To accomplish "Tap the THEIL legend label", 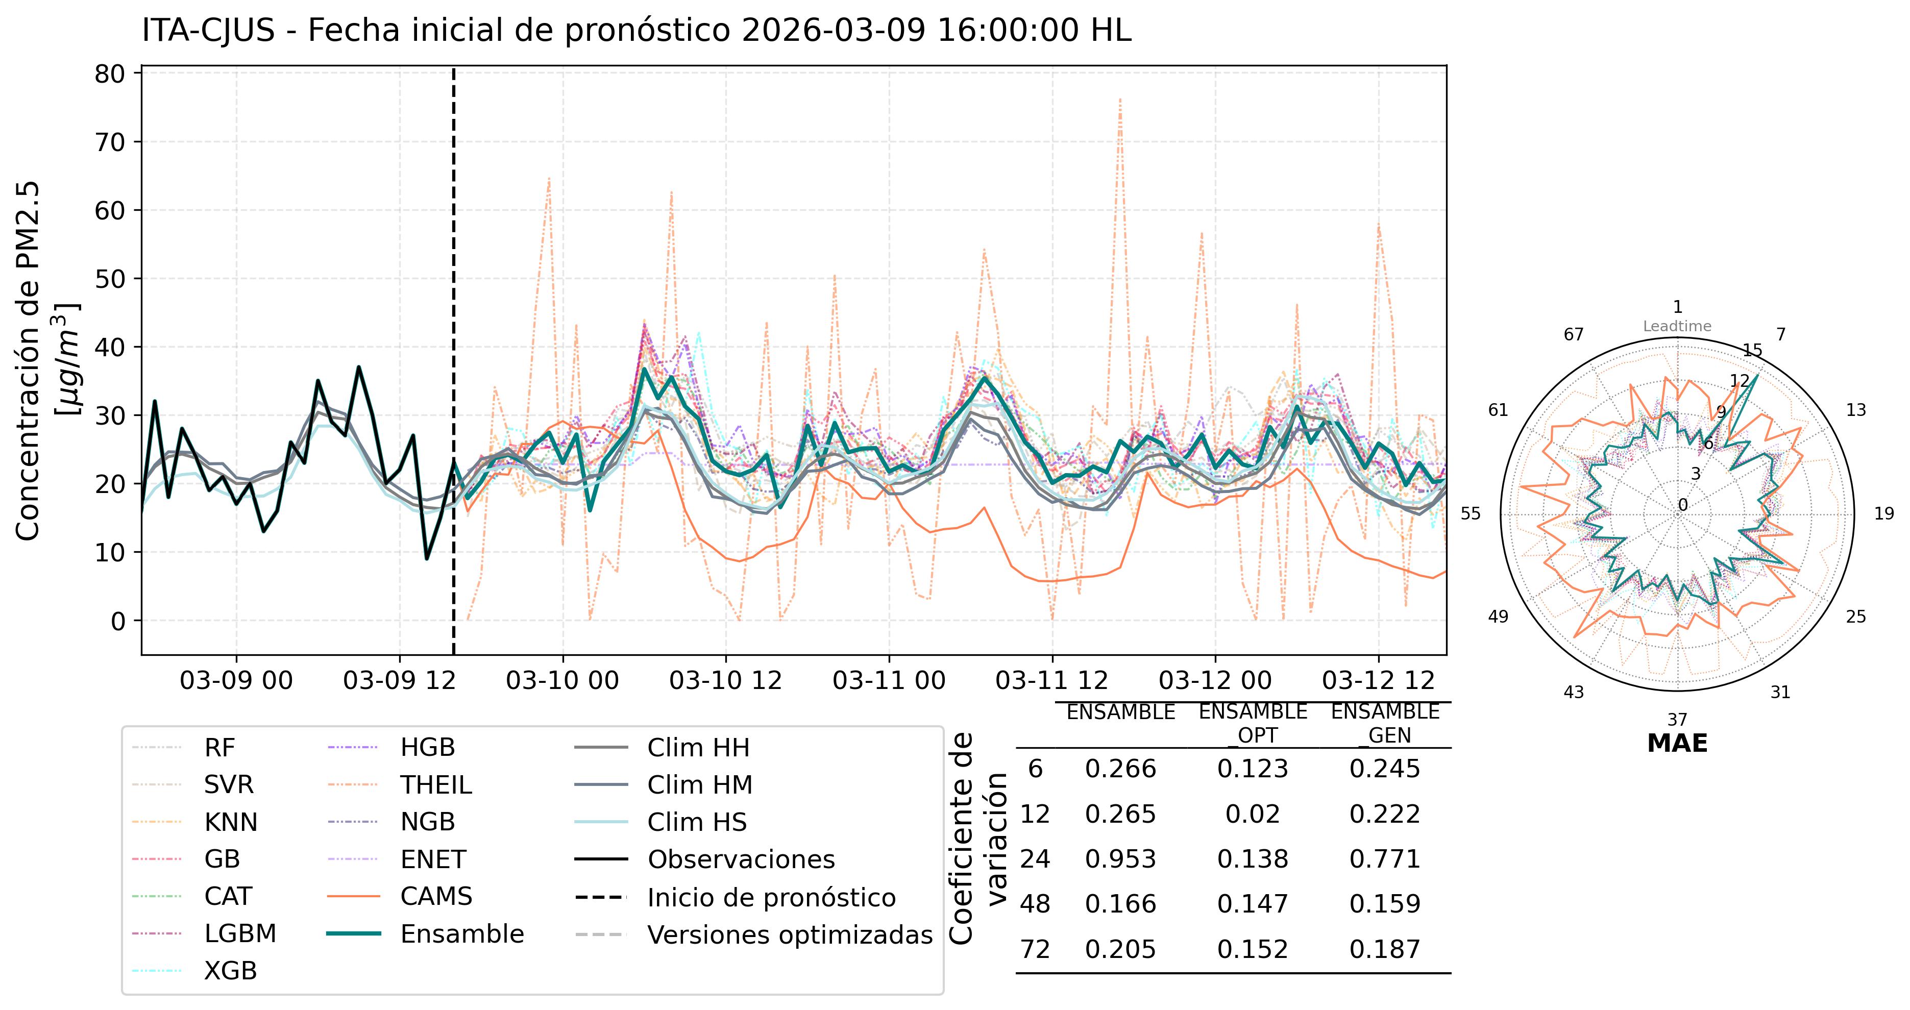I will [x=435, y=784].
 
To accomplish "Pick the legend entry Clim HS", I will [x=696, y=822].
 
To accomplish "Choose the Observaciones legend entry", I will [x=741, y=859].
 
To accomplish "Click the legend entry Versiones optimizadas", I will [x=789, y=934].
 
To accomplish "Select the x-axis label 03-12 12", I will [x=1378, y=680].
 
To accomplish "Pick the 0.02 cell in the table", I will [x=1253, y=814].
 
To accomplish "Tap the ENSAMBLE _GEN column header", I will [x=1384, y=723].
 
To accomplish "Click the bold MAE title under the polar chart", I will [x=1677, y=743].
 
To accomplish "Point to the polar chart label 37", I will [x=1677, y=719].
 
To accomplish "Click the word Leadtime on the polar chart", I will [x=1677, y=326].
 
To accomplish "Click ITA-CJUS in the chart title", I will [x=208, y=31].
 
